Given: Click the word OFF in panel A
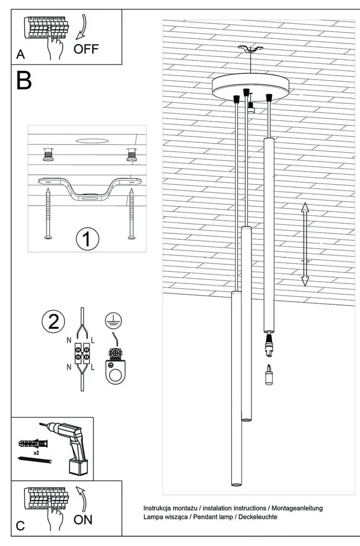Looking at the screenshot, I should (x=86, y=49).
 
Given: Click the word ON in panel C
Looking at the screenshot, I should (x=83, y=519).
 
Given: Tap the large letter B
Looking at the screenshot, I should (x=24, y=81).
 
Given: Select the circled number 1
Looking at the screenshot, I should (x=88, y=239).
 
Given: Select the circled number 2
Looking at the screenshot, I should (x=53, y=322).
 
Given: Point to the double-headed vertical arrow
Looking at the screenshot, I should (x=304, y=245).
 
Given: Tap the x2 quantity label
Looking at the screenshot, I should (x=36, y=452).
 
